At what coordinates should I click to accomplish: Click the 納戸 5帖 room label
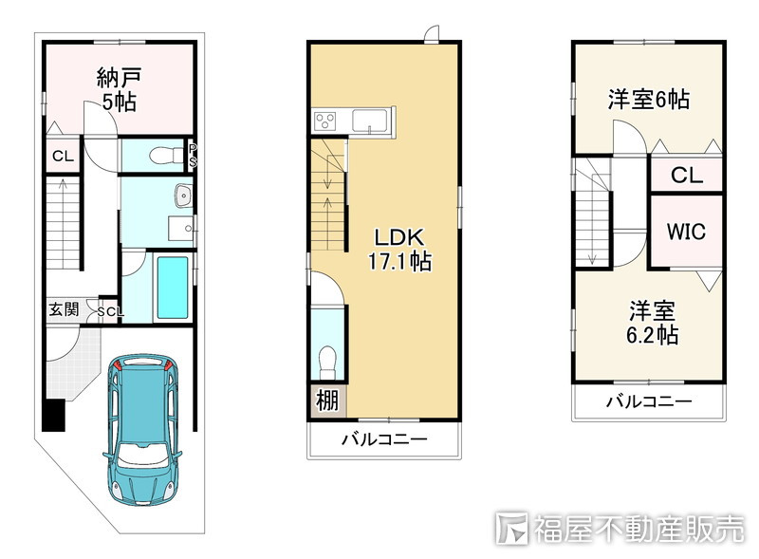click(x=116, y=89)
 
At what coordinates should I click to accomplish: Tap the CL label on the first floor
click(x=63, y=157)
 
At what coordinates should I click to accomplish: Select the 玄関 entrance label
click(x=65, y=309)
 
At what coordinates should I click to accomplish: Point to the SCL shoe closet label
click(x=108, y=311)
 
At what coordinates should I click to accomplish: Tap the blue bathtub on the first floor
click(x=173, y=288)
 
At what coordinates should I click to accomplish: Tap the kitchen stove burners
click(x=326, y=121)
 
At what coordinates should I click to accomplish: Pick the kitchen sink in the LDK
click(x=369, y=121)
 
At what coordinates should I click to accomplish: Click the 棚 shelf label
click(x=326, y=401)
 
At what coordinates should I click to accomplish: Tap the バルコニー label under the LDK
click(x=383, y=439)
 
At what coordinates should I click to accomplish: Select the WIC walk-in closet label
click(x=685, y=232)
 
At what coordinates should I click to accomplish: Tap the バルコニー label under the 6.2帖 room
click(x=649, y=401)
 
